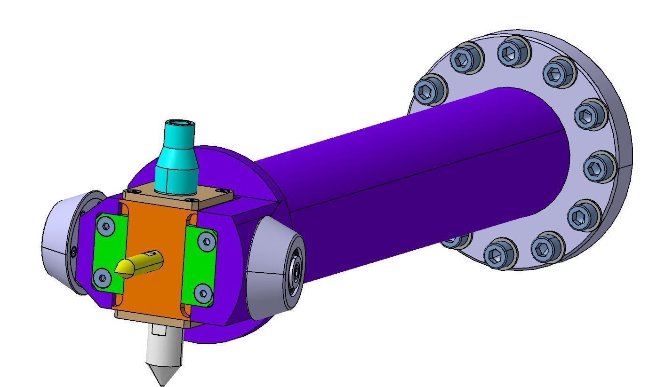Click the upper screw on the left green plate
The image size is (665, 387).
click(107, 227)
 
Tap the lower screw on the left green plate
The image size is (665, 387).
click(102, 277)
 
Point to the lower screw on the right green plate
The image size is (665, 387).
click(202, 293)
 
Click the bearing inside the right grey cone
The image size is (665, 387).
click(296, 270)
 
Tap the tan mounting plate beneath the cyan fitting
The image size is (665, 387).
click(212, 197)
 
